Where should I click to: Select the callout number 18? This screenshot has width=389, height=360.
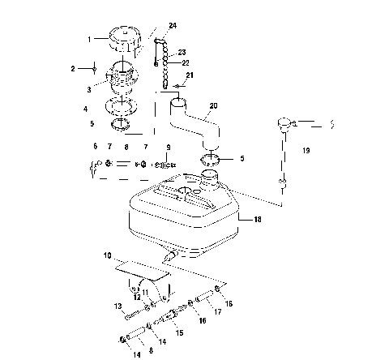[x=258, y=219]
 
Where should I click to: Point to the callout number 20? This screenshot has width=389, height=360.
[x=213, y=105]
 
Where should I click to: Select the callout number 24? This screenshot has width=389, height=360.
[x=172, y=27]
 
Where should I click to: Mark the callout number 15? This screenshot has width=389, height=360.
[x=180, y=333]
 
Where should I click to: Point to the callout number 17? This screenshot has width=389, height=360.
[x=217, y=310]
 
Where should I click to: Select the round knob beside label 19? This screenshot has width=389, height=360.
[x=284, y=123]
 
